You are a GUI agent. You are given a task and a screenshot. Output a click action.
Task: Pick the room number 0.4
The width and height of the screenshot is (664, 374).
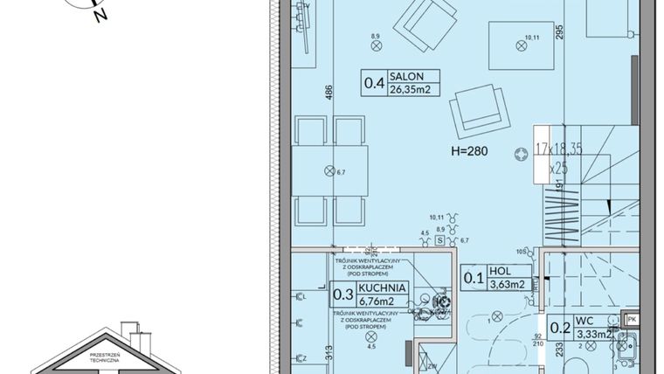[x=375, y=84]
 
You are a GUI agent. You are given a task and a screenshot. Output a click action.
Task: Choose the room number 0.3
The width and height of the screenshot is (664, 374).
[x=343, y=294]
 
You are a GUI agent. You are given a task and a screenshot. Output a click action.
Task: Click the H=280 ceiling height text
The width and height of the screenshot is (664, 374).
[x=469, y=151]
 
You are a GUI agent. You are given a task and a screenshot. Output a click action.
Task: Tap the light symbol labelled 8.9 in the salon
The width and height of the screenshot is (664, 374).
[x=376, y=47]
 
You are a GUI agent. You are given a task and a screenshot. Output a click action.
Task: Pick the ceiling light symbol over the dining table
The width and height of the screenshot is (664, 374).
[x=329, y=170]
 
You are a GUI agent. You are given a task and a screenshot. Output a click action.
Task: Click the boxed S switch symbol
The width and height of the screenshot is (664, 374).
[x=440, y=238]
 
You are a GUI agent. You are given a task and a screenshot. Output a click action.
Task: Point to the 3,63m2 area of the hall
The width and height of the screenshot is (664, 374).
[x=508, y=283]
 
